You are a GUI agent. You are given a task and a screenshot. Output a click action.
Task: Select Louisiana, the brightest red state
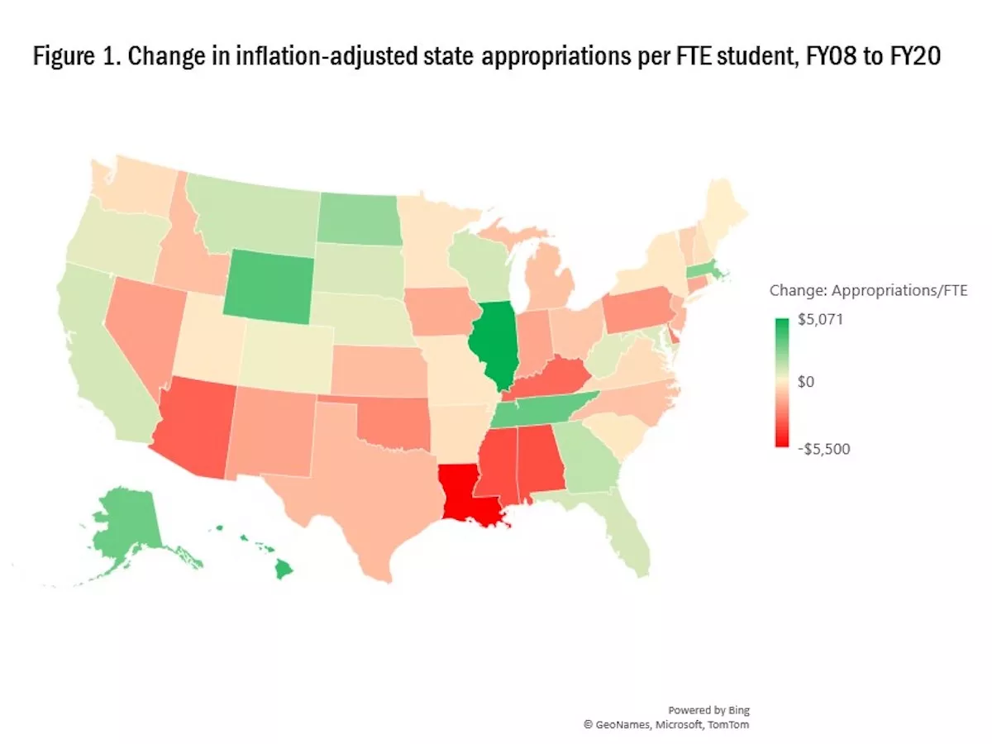coord(470,495)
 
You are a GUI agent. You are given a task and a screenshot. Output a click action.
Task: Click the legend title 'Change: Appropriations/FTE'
coord(868,290)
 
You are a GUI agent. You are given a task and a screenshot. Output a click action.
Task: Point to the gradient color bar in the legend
coord(781,383)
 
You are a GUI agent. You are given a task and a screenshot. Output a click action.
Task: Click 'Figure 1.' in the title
coord(73,59)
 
